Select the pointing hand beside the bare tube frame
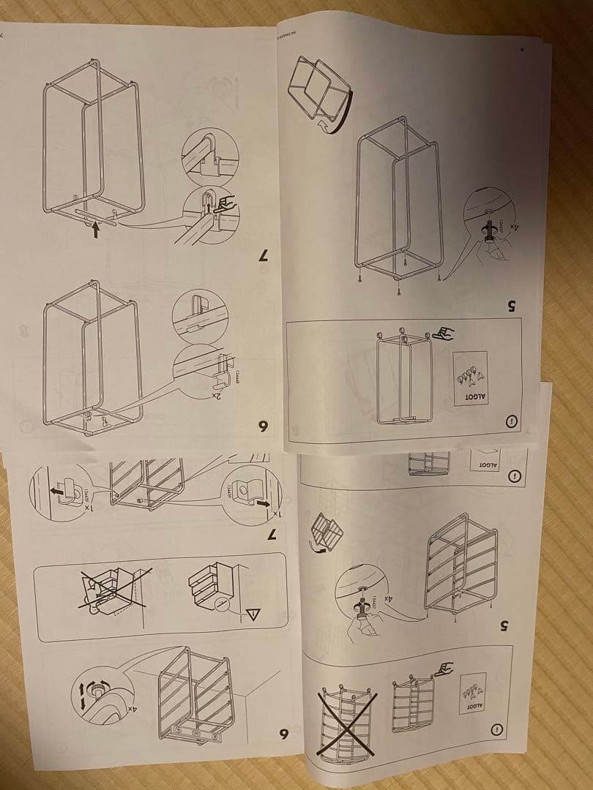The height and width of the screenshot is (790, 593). coord(443,334)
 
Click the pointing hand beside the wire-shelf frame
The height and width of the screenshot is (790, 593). coord(444,669)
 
